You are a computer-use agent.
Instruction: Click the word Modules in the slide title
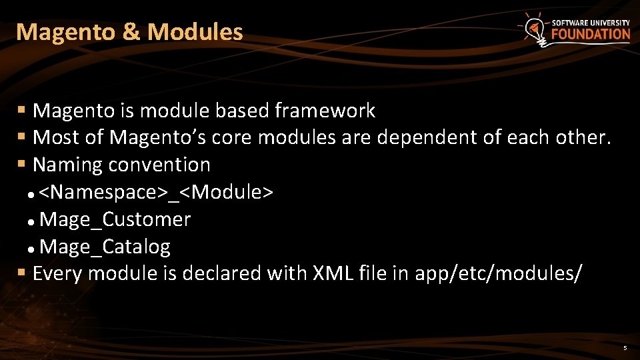(195, 32)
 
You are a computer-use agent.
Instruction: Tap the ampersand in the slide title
(131, 32)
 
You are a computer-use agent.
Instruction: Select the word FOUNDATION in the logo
(591, 34)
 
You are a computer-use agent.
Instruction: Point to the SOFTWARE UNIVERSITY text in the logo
(591, 23)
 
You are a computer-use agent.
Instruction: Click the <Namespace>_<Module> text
(155, 193)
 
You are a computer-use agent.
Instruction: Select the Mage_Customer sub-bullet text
(115, 219)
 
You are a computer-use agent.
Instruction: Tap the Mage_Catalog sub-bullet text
(105, 247)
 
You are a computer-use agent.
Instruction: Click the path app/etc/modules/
(499, 273)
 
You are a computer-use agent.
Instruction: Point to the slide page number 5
(625, 348)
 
